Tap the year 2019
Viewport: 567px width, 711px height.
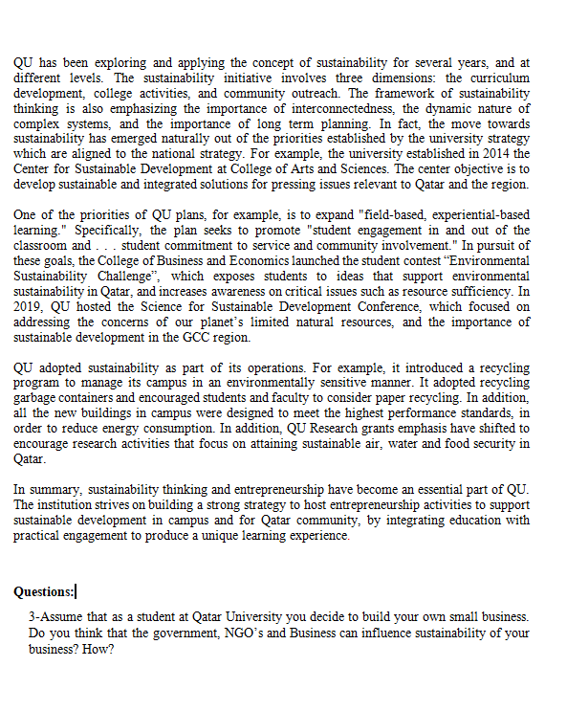[29, 307]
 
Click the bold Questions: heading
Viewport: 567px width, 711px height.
[44, 591]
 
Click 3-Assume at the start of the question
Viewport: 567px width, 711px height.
[59, 618]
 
